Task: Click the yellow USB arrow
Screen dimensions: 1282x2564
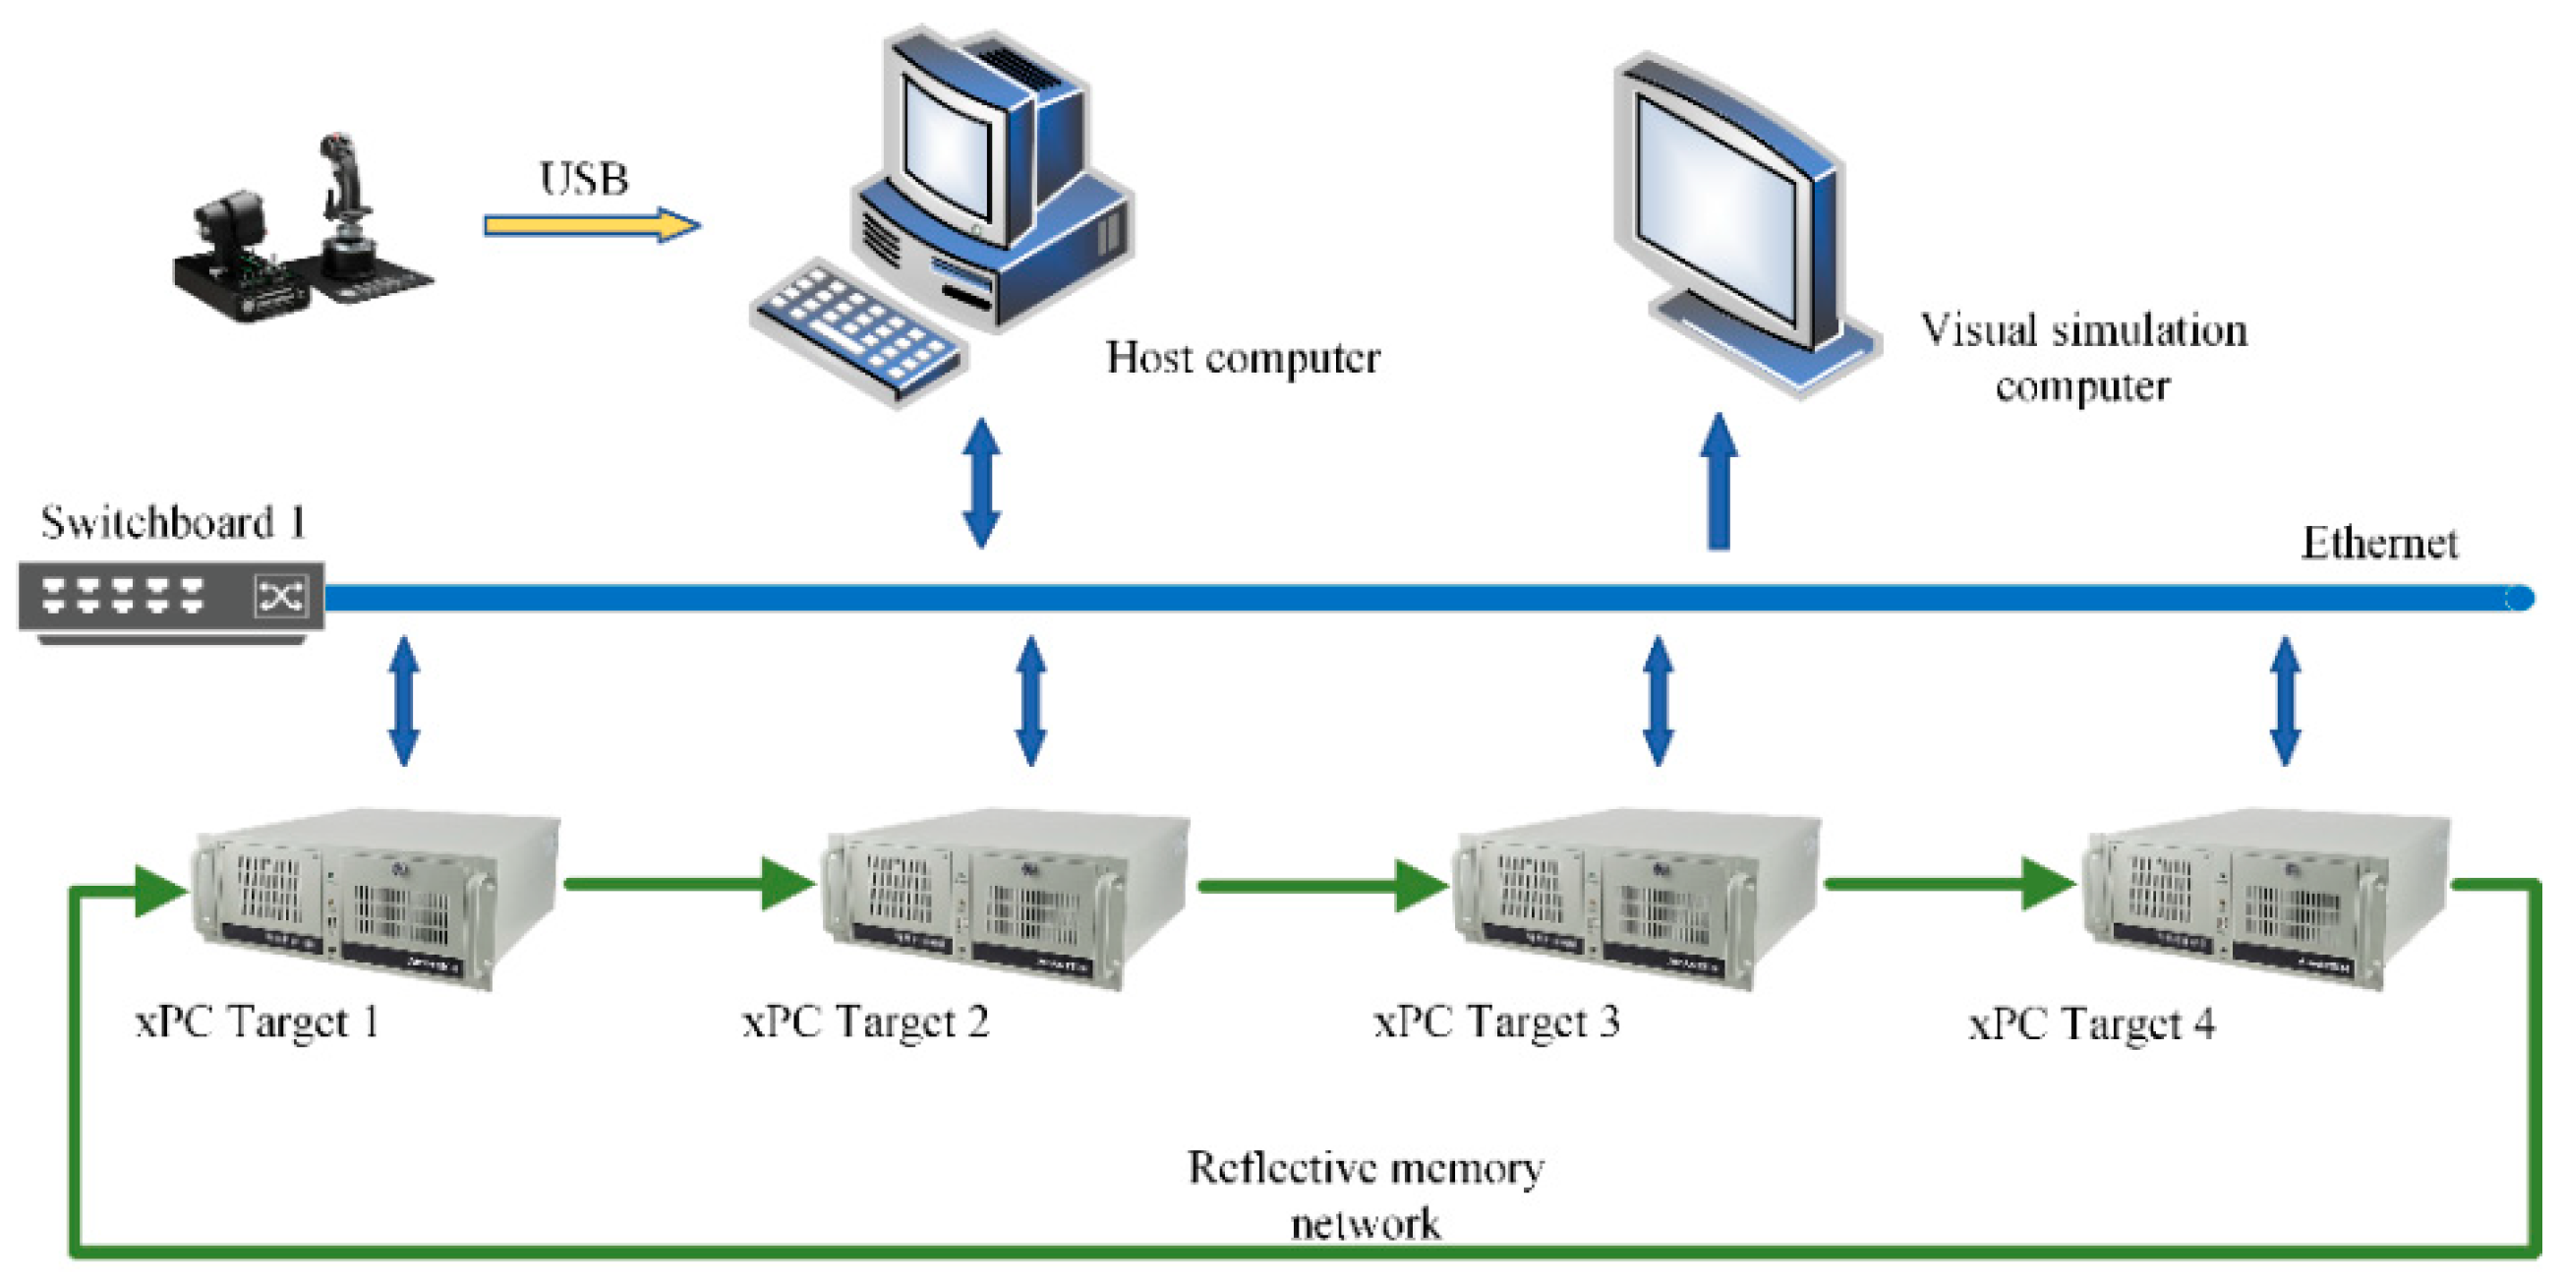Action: pyautogui.click(x=592, y=225)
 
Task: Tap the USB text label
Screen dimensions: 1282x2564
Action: pyautogui.click(x=584, y=180)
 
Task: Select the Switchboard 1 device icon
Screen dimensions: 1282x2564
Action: pyautogui.click(x=171, y=598)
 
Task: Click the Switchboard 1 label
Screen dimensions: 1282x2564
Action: pyautogui.click(x=173, y=523)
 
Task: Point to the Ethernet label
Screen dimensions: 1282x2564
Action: pyautogui.click(x=2379, y=544)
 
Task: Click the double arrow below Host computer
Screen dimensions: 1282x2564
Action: pyautogui.click(x=981, y=484)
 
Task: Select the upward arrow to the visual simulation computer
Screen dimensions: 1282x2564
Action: pyautogui.click(x=1718, y=484)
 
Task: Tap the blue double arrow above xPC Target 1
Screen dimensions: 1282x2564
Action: pyautogui.click(x=403, y=702)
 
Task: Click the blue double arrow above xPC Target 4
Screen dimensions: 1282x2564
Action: pyautogui.click(x=2286, y=702)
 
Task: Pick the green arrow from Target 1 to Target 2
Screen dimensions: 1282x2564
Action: pyautogui.click(x=687, y=884)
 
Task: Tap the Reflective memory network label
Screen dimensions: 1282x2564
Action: pyautogui.click(x=1366, y=1195)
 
